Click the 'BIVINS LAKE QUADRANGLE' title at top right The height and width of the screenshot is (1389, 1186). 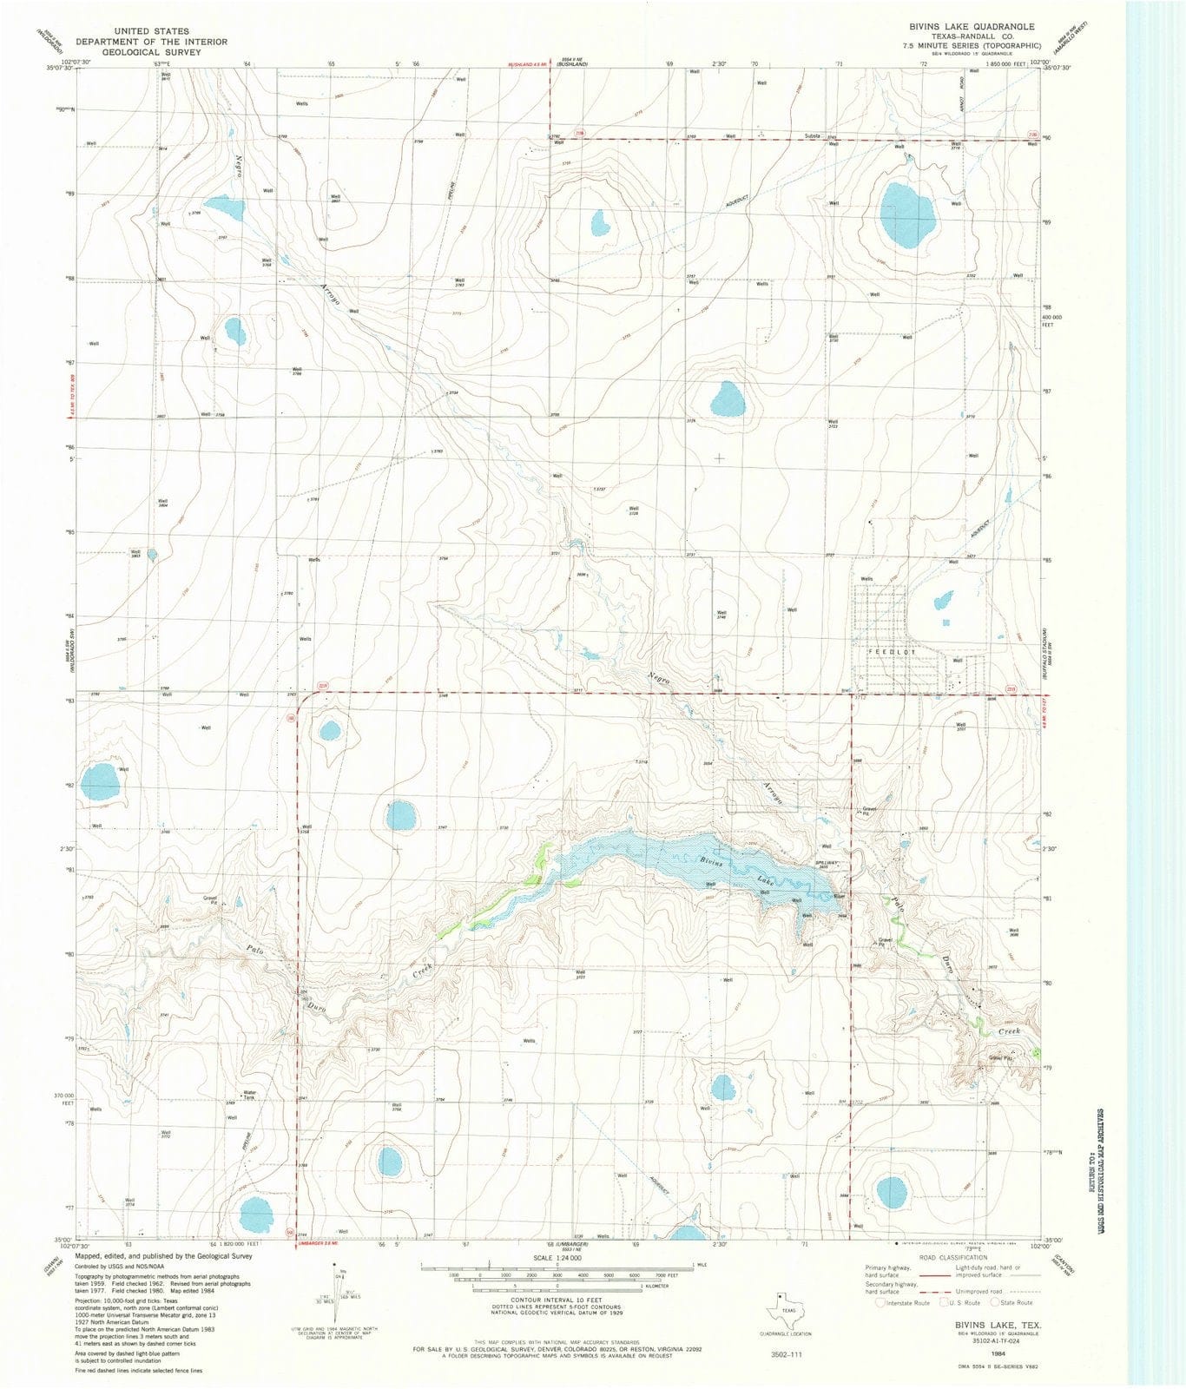click(x=965, y=27)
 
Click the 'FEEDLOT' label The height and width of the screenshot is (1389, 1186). click(x=891, y=650)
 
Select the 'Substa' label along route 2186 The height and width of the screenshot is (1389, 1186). click(x=812, y=136)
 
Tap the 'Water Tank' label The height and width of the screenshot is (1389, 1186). click(x=249, y=1095)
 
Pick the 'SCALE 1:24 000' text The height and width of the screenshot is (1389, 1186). click(x=557, y=1257)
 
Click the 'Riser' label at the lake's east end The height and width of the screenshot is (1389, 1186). click(x=839, y=895)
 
